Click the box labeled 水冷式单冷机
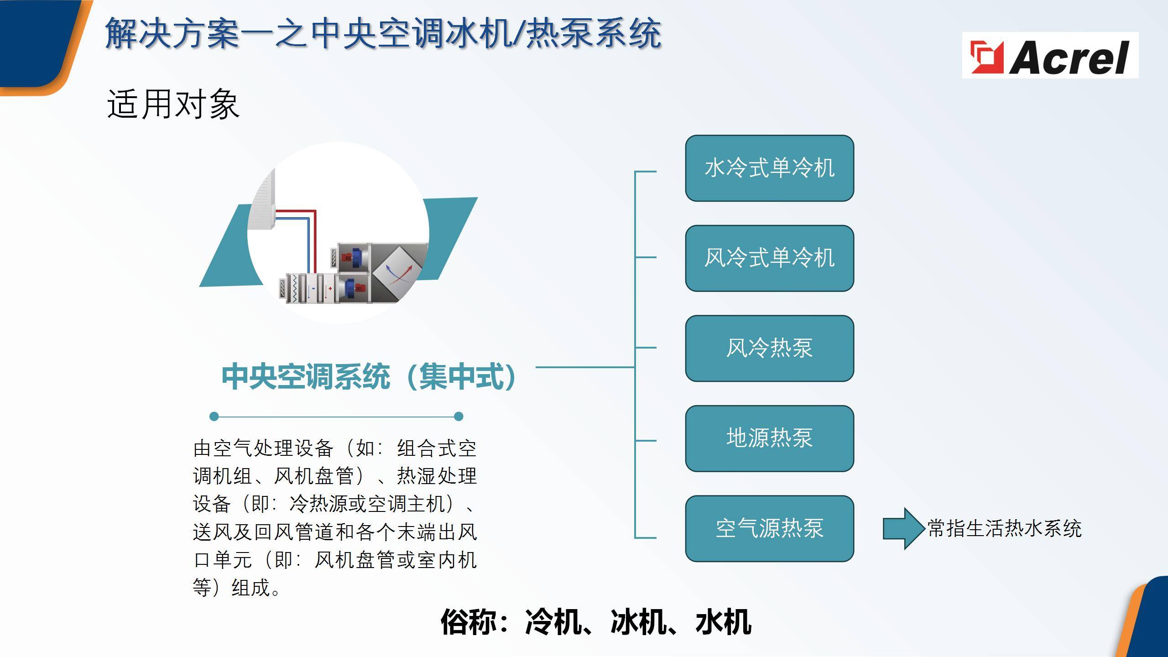click(769, 168)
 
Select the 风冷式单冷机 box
click(769, 258)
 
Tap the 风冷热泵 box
click(769, 348)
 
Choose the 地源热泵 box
click(769, 438)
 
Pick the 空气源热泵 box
click(769, 528)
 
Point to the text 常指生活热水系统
click(1004, 529)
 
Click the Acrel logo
click(1050, 55)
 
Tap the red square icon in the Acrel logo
click(987, 57)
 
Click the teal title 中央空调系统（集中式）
click(369, 376)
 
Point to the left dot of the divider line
click(214, 416)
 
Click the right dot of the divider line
click(459, 416)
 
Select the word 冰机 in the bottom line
click(638, 621)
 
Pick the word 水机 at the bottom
click(723, 621)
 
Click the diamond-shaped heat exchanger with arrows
click(395, 273)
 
